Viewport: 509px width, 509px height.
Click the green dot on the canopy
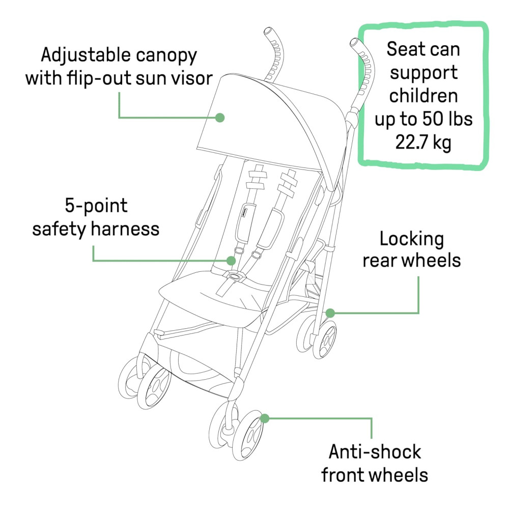pyautogui.click(x=220, y=118)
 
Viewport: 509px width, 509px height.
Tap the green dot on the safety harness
pyautogui.click(x=232, y=261)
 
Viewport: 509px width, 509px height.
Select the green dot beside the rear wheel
pyautogui.click(x=330, y=312)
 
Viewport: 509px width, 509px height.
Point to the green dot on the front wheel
pyautogui.click(x=264, y=418)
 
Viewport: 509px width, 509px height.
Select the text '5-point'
pyautogui.click(x=96, y=206)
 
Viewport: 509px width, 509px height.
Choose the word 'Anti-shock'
pyautogui.click(x=375, y=451)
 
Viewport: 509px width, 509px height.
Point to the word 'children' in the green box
pyautogui.click(x=423, y=96)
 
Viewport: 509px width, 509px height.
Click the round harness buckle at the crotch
pyautogui.click(x=235, y=276)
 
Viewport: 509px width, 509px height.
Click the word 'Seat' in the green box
pyautogui.click(x=404, y=49)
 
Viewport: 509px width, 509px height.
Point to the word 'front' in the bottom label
pyautogui.click(x=343, y=475)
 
